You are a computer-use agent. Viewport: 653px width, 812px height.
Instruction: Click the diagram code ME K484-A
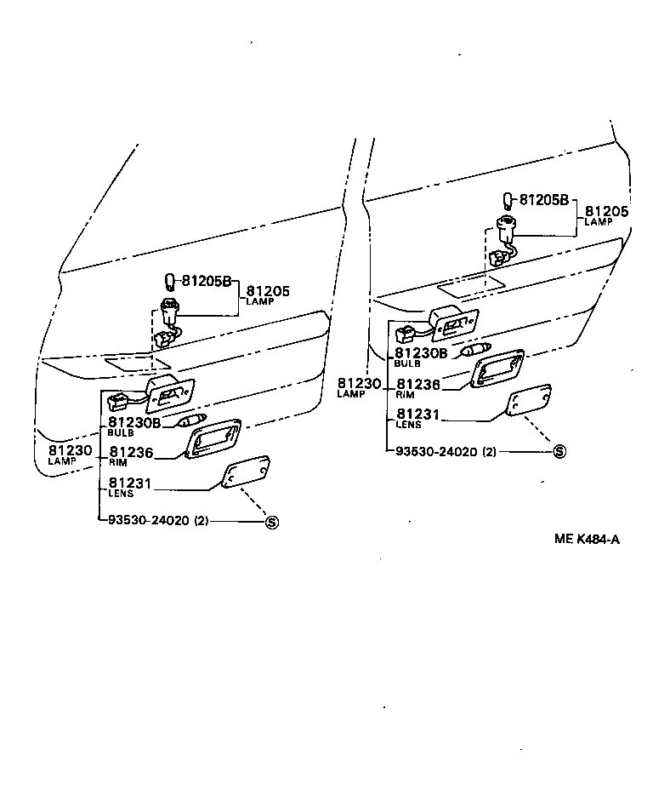coord(586,538)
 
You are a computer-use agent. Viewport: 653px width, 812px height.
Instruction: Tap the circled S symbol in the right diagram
coord(559,451)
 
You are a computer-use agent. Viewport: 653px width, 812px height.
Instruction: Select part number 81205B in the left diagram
coord(204,282)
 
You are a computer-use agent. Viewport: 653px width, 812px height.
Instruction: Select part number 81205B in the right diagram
coord(543,201)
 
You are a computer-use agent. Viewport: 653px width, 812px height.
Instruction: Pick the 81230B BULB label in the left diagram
coord(133,426)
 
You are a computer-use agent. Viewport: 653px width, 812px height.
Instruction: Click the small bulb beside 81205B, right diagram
coord(509,200)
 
